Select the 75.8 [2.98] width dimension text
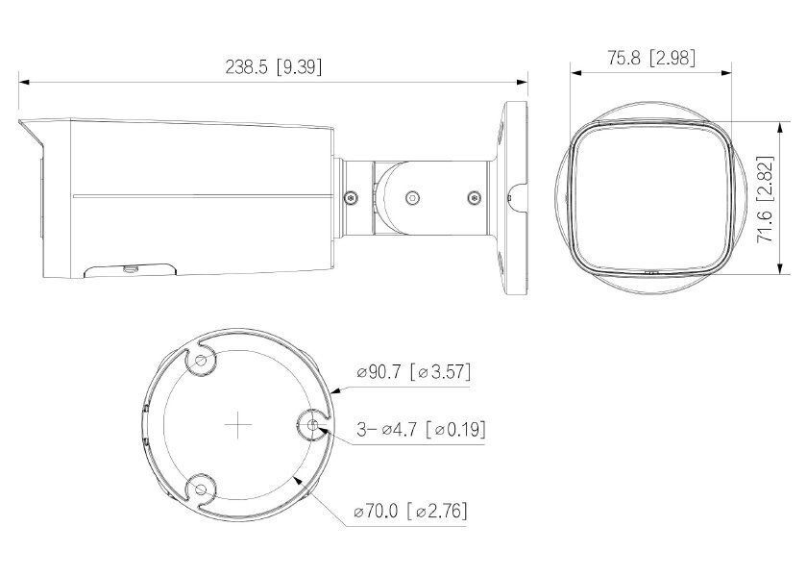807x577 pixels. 651,58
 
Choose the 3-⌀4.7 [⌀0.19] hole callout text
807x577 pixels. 419,429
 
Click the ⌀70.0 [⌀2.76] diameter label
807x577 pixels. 411,510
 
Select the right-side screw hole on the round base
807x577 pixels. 313,424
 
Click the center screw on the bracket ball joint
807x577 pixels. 412,197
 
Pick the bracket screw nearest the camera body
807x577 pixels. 352,197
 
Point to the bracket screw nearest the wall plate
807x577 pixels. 472,197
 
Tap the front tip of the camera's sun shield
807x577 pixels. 21,121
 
